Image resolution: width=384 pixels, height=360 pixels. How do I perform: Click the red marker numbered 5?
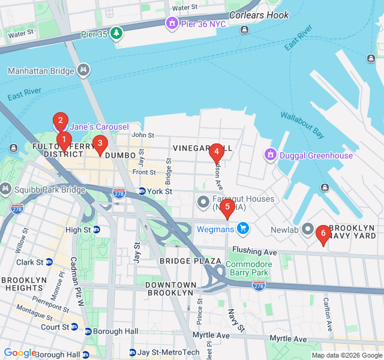[226, 208]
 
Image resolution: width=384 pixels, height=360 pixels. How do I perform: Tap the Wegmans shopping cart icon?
[242, 228]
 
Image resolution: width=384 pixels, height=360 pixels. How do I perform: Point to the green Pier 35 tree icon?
[116, 34]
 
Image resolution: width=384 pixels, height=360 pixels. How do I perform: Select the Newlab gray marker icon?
[308, 229]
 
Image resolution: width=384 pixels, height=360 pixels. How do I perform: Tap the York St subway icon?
[142, 191]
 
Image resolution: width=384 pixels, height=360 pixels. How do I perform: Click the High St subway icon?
[97, 230]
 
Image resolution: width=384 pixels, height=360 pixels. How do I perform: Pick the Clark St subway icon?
[49, 262]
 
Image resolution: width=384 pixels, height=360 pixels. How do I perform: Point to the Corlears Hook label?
[259, 16]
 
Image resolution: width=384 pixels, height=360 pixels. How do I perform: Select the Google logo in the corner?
[20, 353]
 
